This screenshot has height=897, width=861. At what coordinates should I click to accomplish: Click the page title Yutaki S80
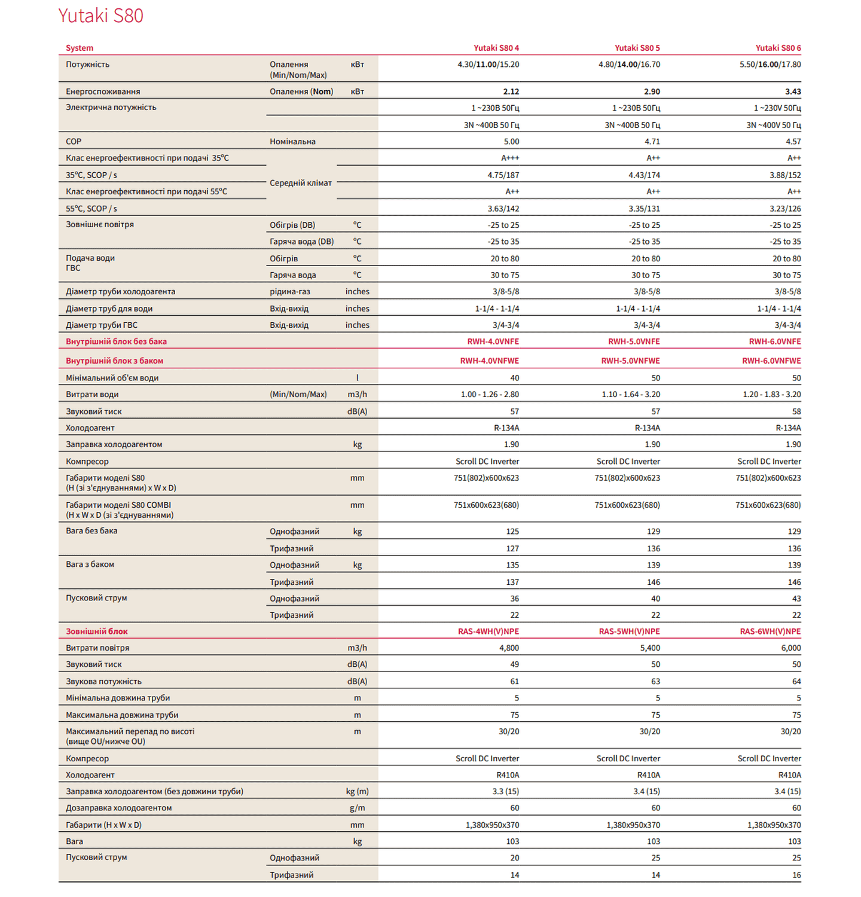tap(100, 16)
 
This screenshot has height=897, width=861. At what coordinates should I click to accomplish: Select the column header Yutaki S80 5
tap(637, 48)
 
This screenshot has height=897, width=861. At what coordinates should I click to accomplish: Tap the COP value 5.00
tap(511, 142)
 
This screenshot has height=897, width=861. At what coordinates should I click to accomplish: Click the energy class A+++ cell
tap(510, 158)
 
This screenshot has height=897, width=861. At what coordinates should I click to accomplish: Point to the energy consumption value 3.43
tap(793, 91)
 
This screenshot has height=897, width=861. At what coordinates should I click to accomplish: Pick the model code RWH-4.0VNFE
tap(493, 341)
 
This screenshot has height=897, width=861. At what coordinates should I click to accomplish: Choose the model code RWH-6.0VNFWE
tap(771, 361)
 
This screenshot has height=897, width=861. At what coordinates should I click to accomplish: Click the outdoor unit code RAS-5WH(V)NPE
tap(629, 631)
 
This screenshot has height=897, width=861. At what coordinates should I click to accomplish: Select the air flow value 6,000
tap(790, 648)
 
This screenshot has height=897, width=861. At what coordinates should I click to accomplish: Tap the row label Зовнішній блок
tap(97, 631)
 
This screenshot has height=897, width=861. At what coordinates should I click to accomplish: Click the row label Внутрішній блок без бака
tap(116, 341)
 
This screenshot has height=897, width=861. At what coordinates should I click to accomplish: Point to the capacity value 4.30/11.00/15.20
tap(488, 65)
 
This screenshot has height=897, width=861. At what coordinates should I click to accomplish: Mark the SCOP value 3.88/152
tap(785, 175)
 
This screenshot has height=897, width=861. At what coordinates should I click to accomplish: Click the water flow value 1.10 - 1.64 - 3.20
tap(631, 395)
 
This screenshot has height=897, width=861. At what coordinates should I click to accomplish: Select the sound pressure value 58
tap(796, 411)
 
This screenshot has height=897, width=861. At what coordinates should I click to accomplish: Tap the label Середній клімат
tap(300, 183)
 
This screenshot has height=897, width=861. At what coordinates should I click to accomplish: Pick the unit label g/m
tap(357, 808)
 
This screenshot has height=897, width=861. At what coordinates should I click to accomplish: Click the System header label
tap(80, 48)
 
